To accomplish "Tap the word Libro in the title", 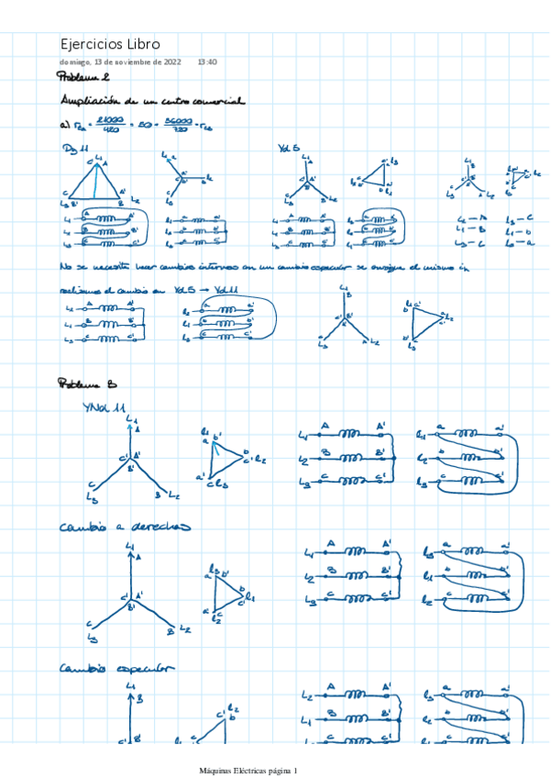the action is pos(145,44).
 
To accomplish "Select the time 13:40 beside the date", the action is pos(207,61).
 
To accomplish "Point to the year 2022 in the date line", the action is pos(170,61).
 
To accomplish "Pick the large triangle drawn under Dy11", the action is pos(94,182).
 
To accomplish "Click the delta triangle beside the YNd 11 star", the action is pos(223,454).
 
